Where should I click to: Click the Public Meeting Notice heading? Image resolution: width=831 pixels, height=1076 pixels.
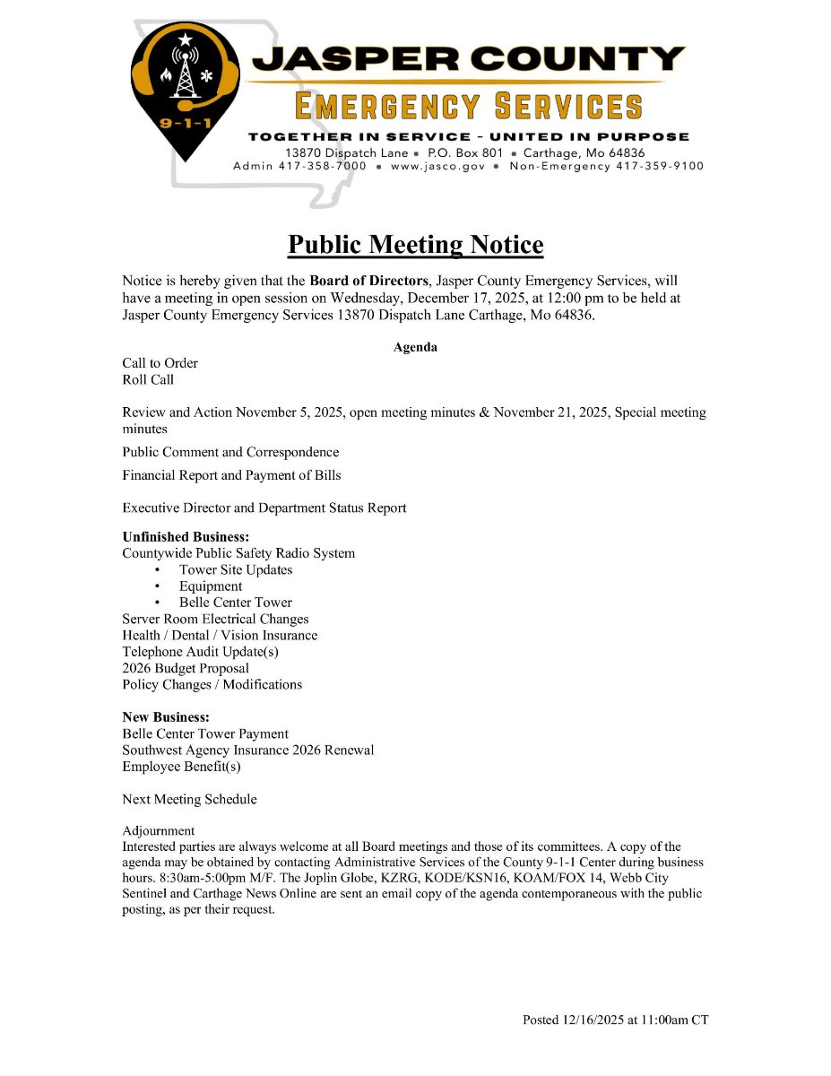415,245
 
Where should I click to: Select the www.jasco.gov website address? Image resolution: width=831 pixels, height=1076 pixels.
437,166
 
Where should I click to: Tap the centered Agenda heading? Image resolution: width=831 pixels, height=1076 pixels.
415,347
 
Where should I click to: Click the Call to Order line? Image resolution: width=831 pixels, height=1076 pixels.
160,363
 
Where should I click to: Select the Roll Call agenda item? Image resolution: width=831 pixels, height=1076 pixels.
148,379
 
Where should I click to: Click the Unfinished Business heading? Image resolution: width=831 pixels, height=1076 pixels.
186,537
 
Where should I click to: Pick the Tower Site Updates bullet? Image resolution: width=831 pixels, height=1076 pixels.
236,569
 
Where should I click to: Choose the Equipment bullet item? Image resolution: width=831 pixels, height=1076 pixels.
211,586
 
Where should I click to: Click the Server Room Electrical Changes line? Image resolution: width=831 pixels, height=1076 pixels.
215,619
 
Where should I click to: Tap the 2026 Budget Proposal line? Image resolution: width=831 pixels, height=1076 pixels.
186,668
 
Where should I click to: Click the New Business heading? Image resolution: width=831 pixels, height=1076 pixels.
166,717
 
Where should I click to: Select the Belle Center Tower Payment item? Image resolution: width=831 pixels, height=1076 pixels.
205,733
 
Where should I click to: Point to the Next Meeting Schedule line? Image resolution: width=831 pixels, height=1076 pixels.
189,799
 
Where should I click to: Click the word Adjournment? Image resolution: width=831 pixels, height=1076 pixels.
159,830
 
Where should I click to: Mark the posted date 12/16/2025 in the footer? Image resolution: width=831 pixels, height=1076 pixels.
593,1020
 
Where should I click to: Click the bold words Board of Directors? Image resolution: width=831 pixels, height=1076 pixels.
368,281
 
